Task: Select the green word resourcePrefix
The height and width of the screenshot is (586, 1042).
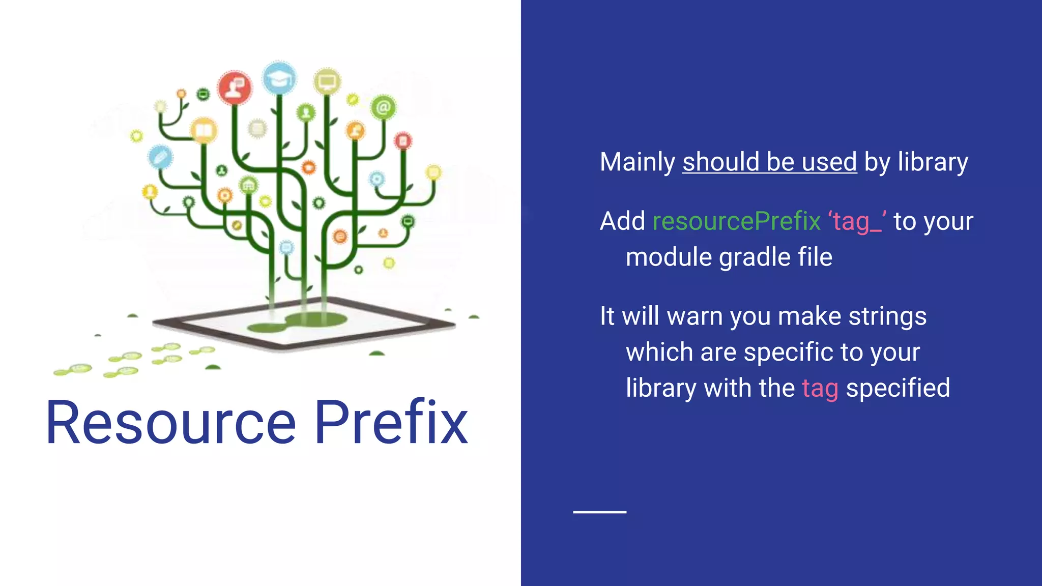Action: (736, 221)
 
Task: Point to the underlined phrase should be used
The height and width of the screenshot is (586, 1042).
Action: (769, 162)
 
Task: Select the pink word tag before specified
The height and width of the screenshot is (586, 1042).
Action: (820, 389)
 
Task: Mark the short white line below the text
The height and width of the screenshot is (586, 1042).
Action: (599, 512)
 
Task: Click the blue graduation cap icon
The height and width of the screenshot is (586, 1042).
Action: (279, 79)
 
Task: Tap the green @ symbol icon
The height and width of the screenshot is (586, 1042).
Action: (383, 107)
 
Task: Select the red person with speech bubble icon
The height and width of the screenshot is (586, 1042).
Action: (235, 87)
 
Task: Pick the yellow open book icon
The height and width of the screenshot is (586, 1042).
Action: (204, 131)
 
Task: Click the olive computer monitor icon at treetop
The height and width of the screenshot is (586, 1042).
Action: (327, 81)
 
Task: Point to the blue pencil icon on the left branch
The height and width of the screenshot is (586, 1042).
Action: (160, 157)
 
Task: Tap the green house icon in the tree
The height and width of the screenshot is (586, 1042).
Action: (248, 185)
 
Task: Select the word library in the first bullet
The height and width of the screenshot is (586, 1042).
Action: (932, 162)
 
